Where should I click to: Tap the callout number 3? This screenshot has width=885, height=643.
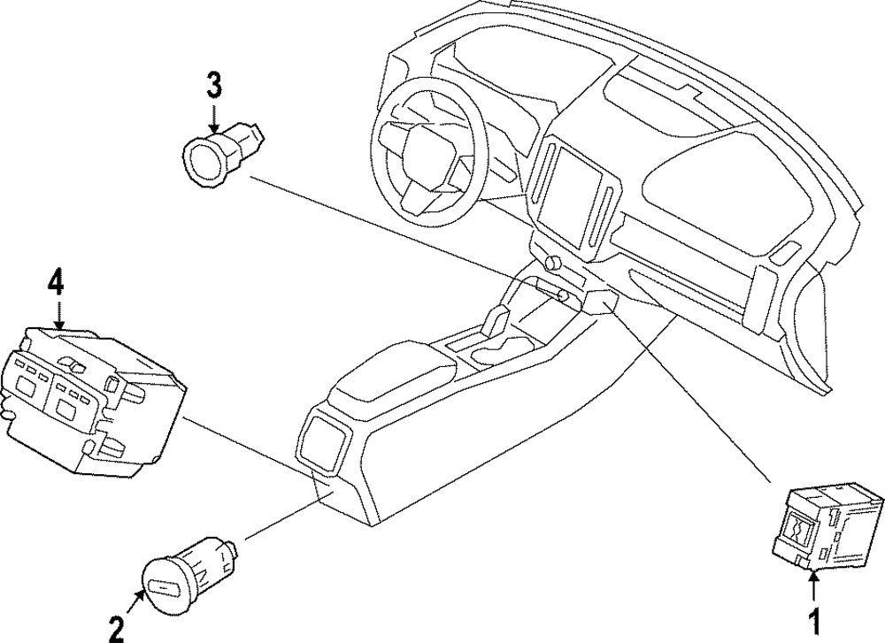[x=214, y=86]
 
